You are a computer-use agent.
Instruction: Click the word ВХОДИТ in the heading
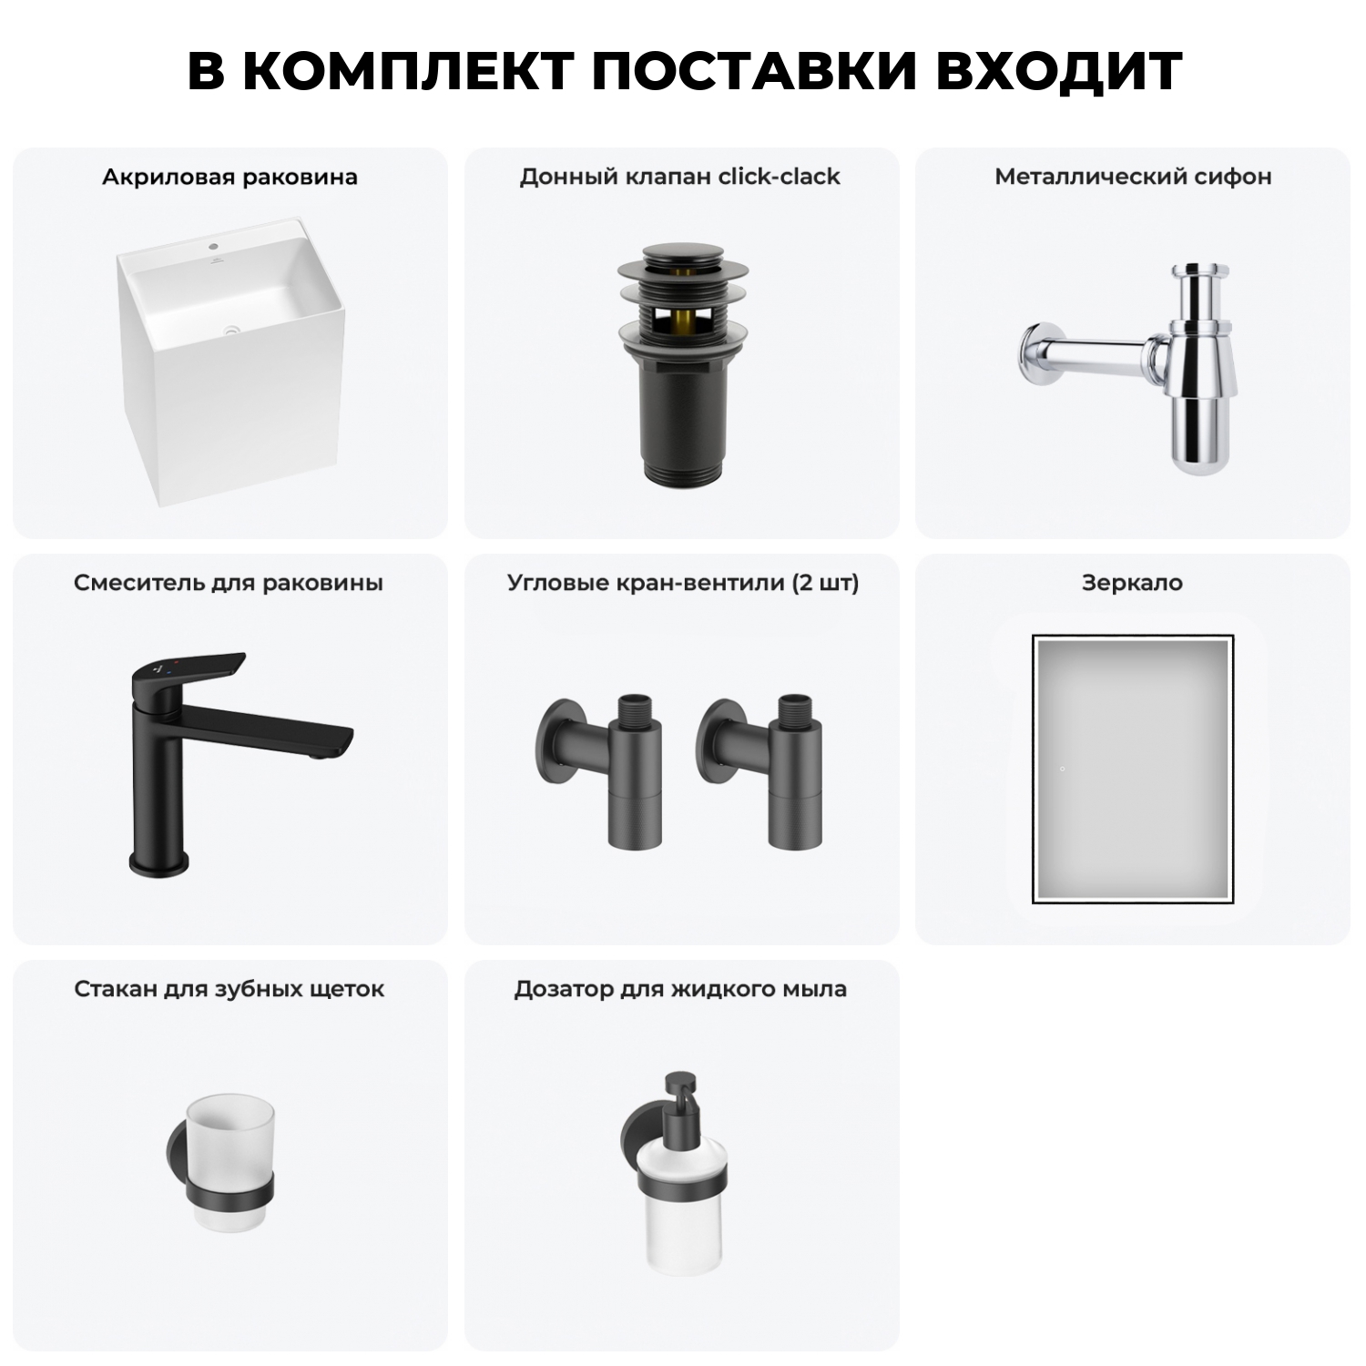1058,70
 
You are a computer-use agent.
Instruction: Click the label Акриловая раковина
229,177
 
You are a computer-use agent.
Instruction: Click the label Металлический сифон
1133,177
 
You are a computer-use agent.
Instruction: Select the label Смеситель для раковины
229,583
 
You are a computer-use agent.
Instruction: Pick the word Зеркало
1132,583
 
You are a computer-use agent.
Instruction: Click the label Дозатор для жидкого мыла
680,989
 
